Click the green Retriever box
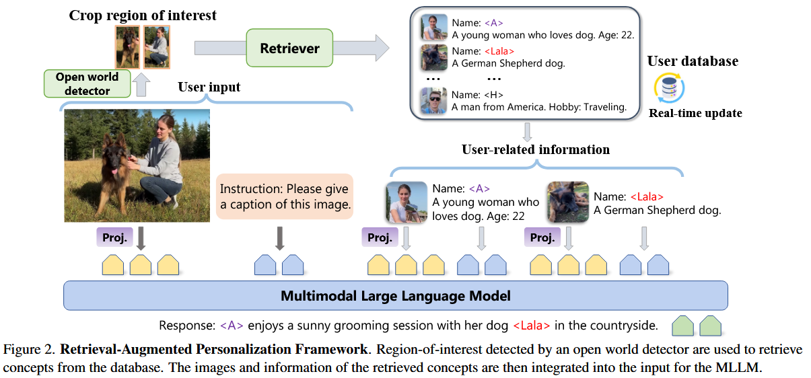tap(289, 48)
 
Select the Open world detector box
tap(83, 83)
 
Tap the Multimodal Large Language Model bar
tap(396, 296)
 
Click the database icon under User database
tap(669, 88)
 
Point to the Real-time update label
tap(695, 113)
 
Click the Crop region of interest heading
tap(143, 15)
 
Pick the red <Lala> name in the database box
tap(499, 51)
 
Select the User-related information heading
tap(536, 150)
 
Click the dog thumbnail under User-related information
tap(568, 202)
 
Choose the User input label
tap(209, 87)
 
